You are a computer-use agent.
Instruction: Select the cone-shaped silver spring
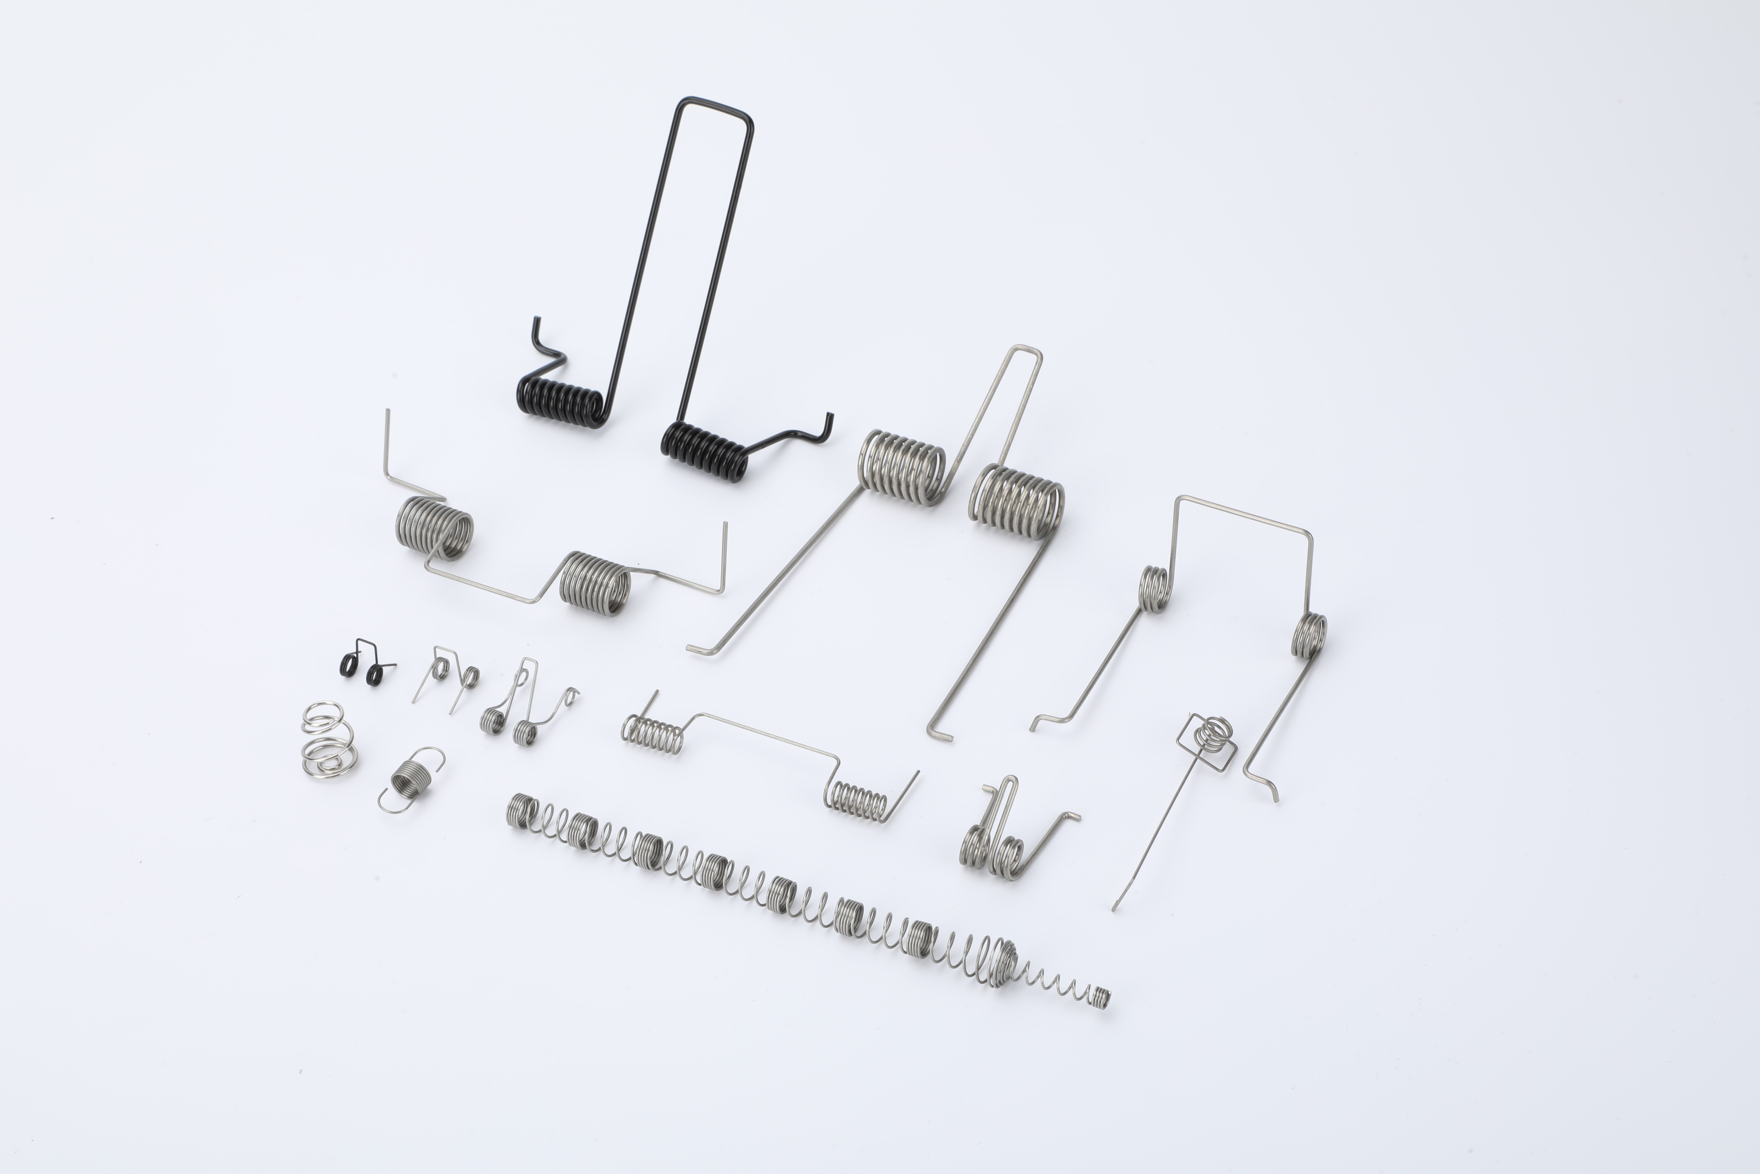coord(327,737)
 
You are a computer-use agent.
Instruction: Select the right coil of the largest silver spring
coord(1018,500)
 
